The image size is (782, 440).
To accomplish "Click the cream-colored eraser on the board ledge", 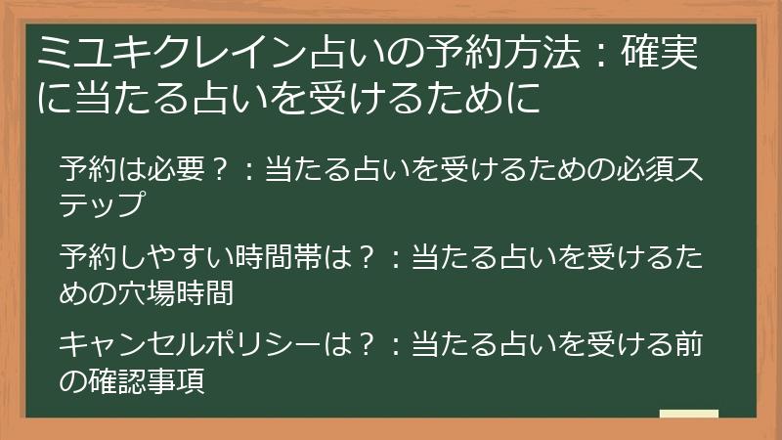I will pos(688,415).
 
